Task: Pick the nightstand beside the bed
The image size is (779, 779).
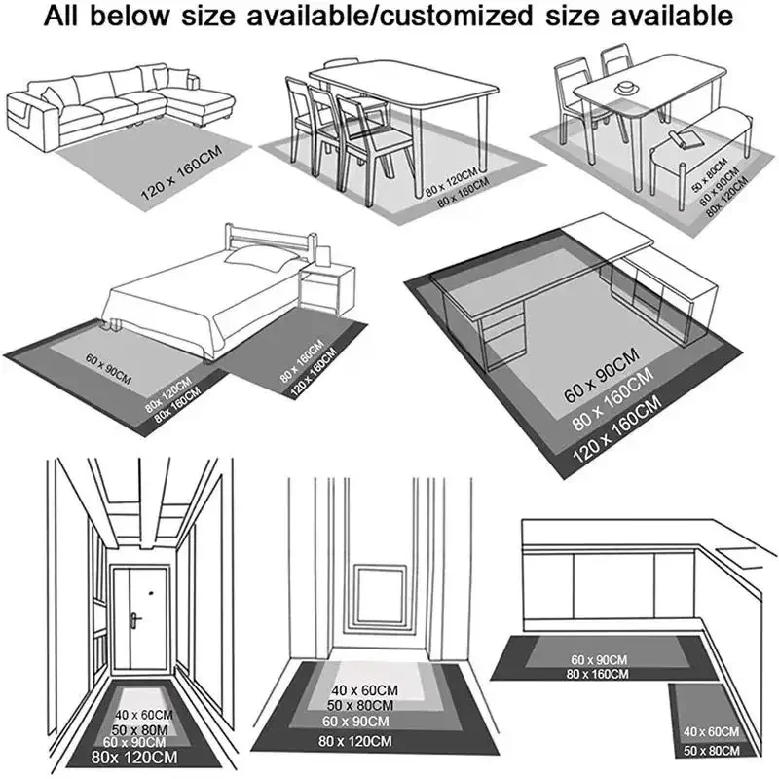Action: (324, 292)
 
